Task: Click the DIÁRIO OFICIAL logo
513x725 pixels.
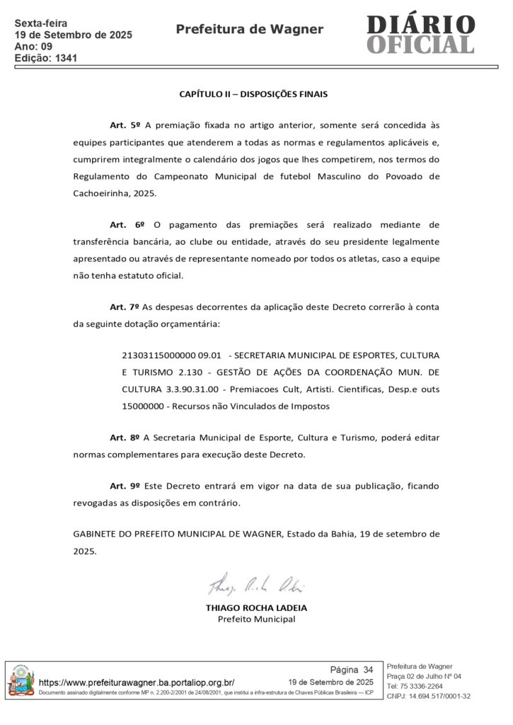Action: pos(420,33)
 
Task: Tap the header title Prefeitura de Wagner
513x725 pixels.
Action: pos(249,29)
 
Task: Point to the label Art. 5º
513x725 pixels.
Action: pos(125,125)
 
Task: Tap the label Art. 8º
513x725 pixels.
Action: pos(125,438)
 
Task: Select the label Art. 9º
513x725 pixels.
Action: pos(125,487)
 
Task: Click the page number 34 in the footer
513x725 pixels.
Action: pos(368,669)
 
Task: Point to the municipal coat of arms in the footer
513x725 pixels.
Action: pos(21,682)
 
